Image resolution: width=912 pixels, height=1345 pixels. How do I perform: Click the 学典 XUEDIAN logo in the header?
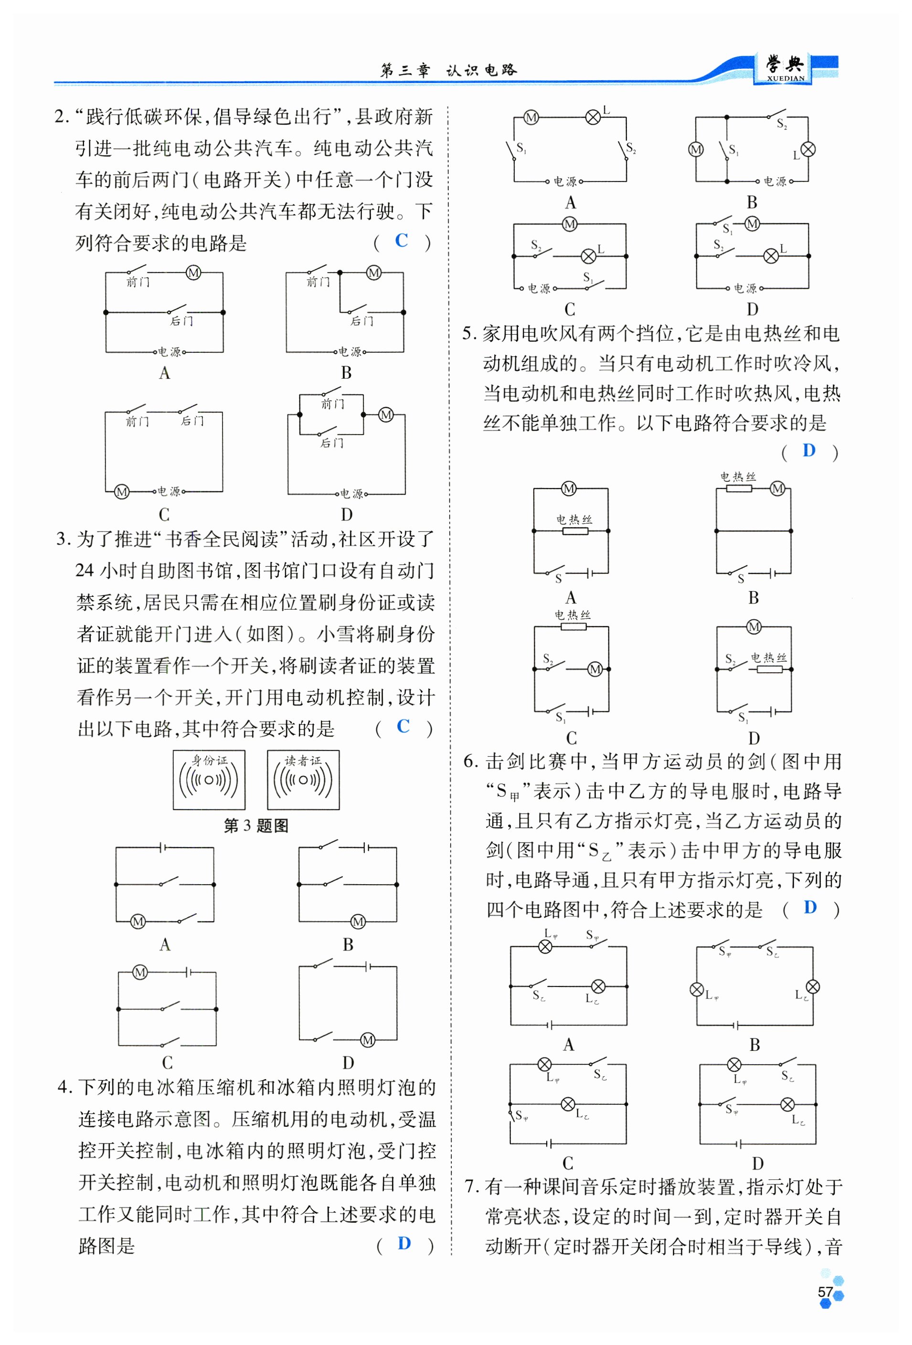[785, 69]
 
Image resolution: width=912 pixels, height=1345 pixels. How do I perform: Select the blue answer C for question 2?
[401, 240]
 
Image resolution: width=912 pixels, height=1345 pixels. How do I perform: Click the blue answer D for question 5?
[808, 450]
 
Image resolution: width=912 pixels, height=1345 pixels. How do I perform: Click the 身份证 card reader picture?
[209, 780]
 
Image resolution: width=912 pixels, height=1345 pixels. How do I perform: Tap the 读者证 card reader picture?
[303, 780]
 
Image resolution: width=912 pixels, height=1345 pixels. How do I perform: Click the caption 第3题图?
[256, 826]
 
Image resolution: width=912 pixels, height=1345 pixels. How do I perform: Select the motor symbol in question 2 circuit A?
[193, 273]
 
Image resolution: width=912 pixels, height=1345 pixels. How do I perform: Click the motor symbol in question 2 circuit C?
[122, 492]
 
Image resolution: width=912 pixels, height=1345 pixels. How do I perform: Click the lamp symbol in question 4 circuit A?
[593, 117]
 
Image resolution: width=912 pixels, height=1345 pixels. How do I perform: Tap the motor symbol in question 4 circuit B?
[696, 149]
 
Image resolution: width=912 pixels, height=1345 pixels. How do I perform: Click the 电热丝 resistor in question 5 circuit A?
[574, 530]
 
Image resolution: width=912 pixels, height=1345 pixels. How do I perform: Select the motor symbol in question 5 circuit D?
[753, 627]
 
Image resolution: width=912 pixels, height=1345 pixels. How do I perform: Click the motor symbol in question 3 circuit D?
[368, 1040]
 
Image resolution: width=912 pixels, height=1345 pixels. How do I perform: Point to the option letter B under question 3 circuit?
[348, 944]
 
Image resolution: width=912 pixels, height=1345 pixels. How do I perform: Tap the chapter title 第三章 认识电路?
[448, 70]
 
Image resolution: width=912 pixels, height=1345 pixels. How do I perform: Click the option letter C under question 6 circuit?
[568, 1163]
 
